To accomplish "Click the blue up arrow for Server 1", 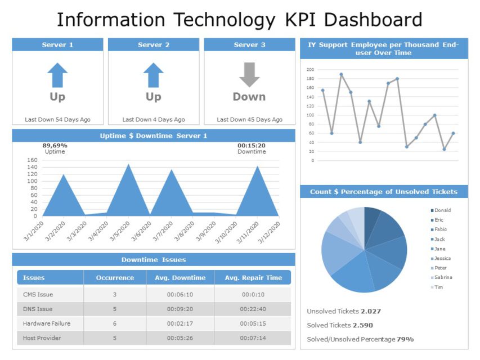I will (57, 75).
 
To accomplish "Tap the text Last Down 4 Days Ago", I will (154, 119).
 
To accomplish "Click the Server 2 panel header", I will (154, 45).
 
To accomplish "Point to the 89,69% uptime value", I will (55, 145).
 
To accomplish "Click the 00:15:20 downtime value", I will (251, 145).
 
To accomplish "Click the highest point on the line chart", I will (341, 74).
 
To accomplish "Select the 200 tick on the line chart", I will (310, 70).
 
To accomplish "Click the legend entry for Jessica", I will (442, 258).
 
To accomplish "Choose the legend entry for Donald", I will (442, 210).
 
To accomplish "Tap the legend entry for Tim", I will (439, 287).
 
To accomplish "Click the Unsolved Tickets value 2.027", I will (371, 311).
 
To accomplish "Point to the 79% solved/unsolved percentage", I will (405, 339).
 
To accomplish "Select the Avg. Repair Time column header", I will (253, 278).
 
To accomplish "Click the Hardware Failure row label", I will (47, 323).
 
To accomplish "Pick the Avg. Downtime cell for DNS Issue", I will (180, 309).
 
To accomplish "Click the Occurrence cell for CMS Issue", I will (115, 294).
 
